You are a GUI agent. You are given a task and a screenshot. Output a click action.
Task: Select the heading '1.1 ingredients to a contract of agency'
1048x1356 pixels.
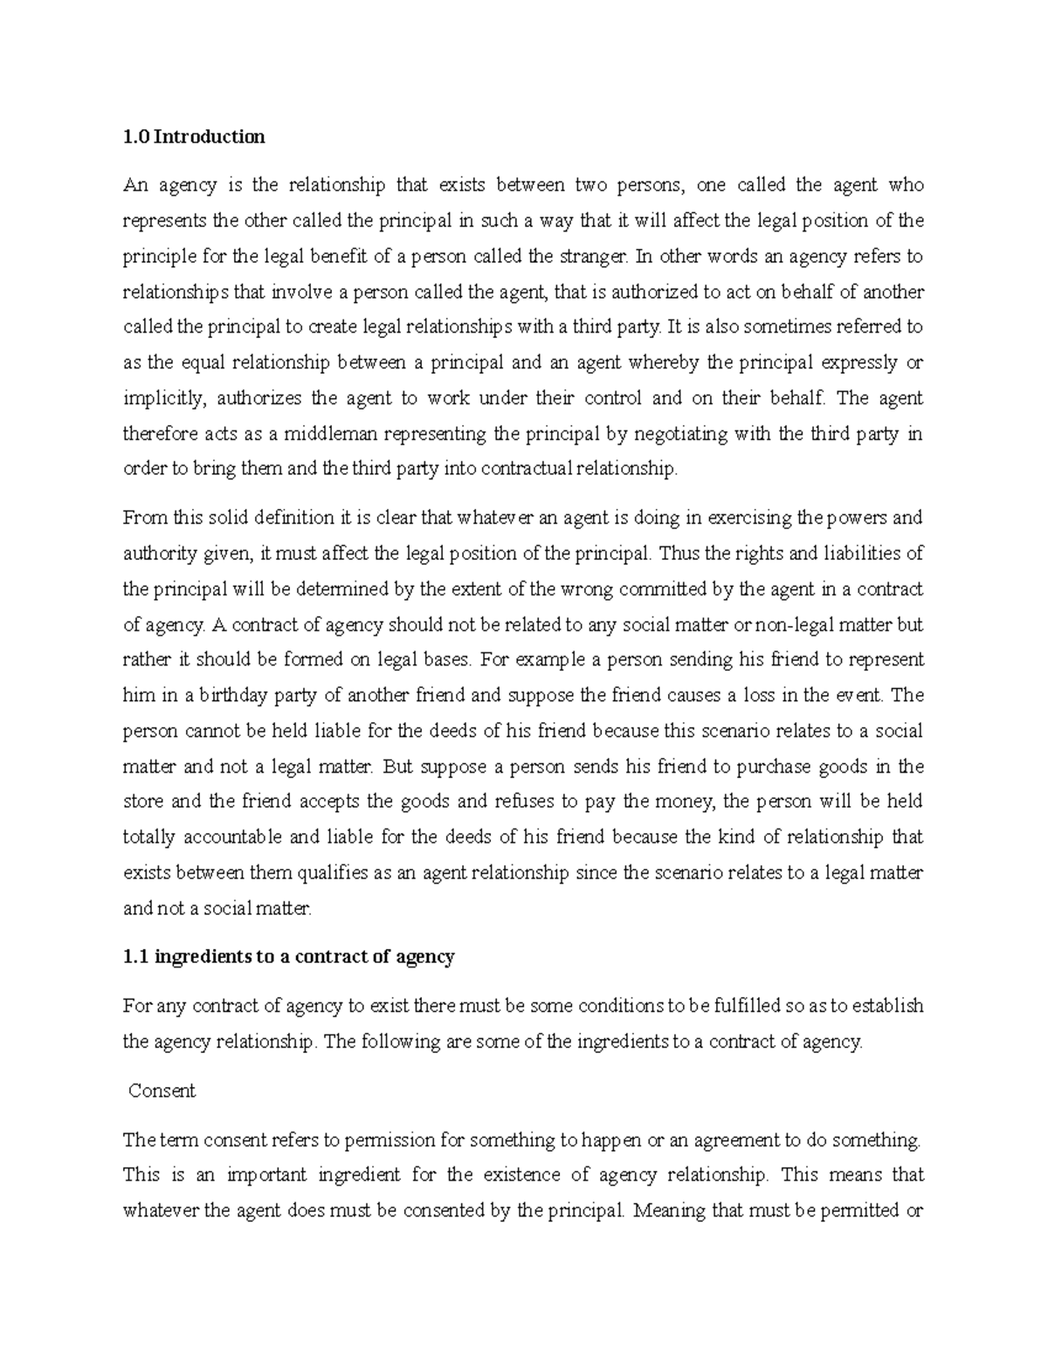click(289, 956)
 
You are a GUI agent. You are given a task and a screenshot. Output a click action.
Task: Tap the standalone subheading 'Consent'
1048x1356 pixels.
click(162, 1091)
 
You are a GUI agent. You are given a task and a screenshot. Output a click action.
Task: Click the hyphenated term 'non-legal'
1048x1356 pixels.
click(794, 625)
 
